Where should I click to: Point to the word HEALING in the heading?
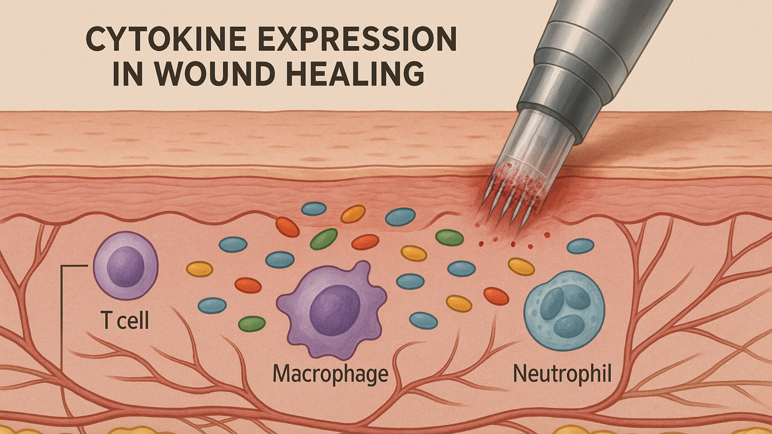[356, 74]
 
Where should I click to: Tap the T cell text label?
[125, 321]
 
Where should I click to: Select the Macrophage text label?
[331, 374]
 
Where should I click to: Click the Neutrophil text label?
[562, 374]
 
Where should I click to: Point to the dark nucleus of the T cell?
[125, 266]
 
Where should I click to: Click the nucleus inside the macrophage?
[335, 310]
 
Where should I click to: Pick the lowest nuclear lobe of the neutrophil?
[569, 325]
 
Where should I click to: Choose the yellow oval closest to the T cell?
[200, 269]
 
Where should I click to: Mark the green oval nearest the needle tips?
[450, 237]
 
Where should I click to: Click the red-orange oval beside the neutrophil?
[496, 296]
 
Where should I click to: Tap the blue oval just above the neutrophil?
[580, 246]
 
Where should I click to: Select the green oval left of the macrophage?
[252, 324]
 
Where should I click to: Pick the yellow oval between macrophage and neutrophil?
[459, 303]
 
